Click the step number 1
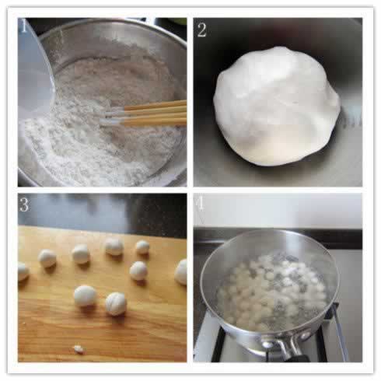(x=23, y=26)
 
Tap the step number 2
(x=202, y=30)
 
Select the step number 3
(x=24, y=204)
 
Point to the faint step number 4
(x=201, y=204)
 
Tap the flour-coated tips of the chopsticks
(x=112, y=118)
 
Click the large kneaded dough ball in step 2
(x=277, y=106)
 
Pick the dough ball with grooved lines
(x=116, y=304)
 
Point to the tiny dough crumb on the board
(x=79, y=349)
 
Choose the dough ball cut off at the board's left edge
(x=23, y=271)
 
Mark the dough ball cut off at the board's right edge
(x=181, y=272)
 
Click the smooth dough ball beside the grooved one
(x=85, y=296)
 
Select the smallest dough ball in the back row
(x=142, y=247)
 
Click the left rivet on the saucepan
(x=269, y=344)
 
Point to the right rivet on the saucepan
(x=305, y=336)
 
